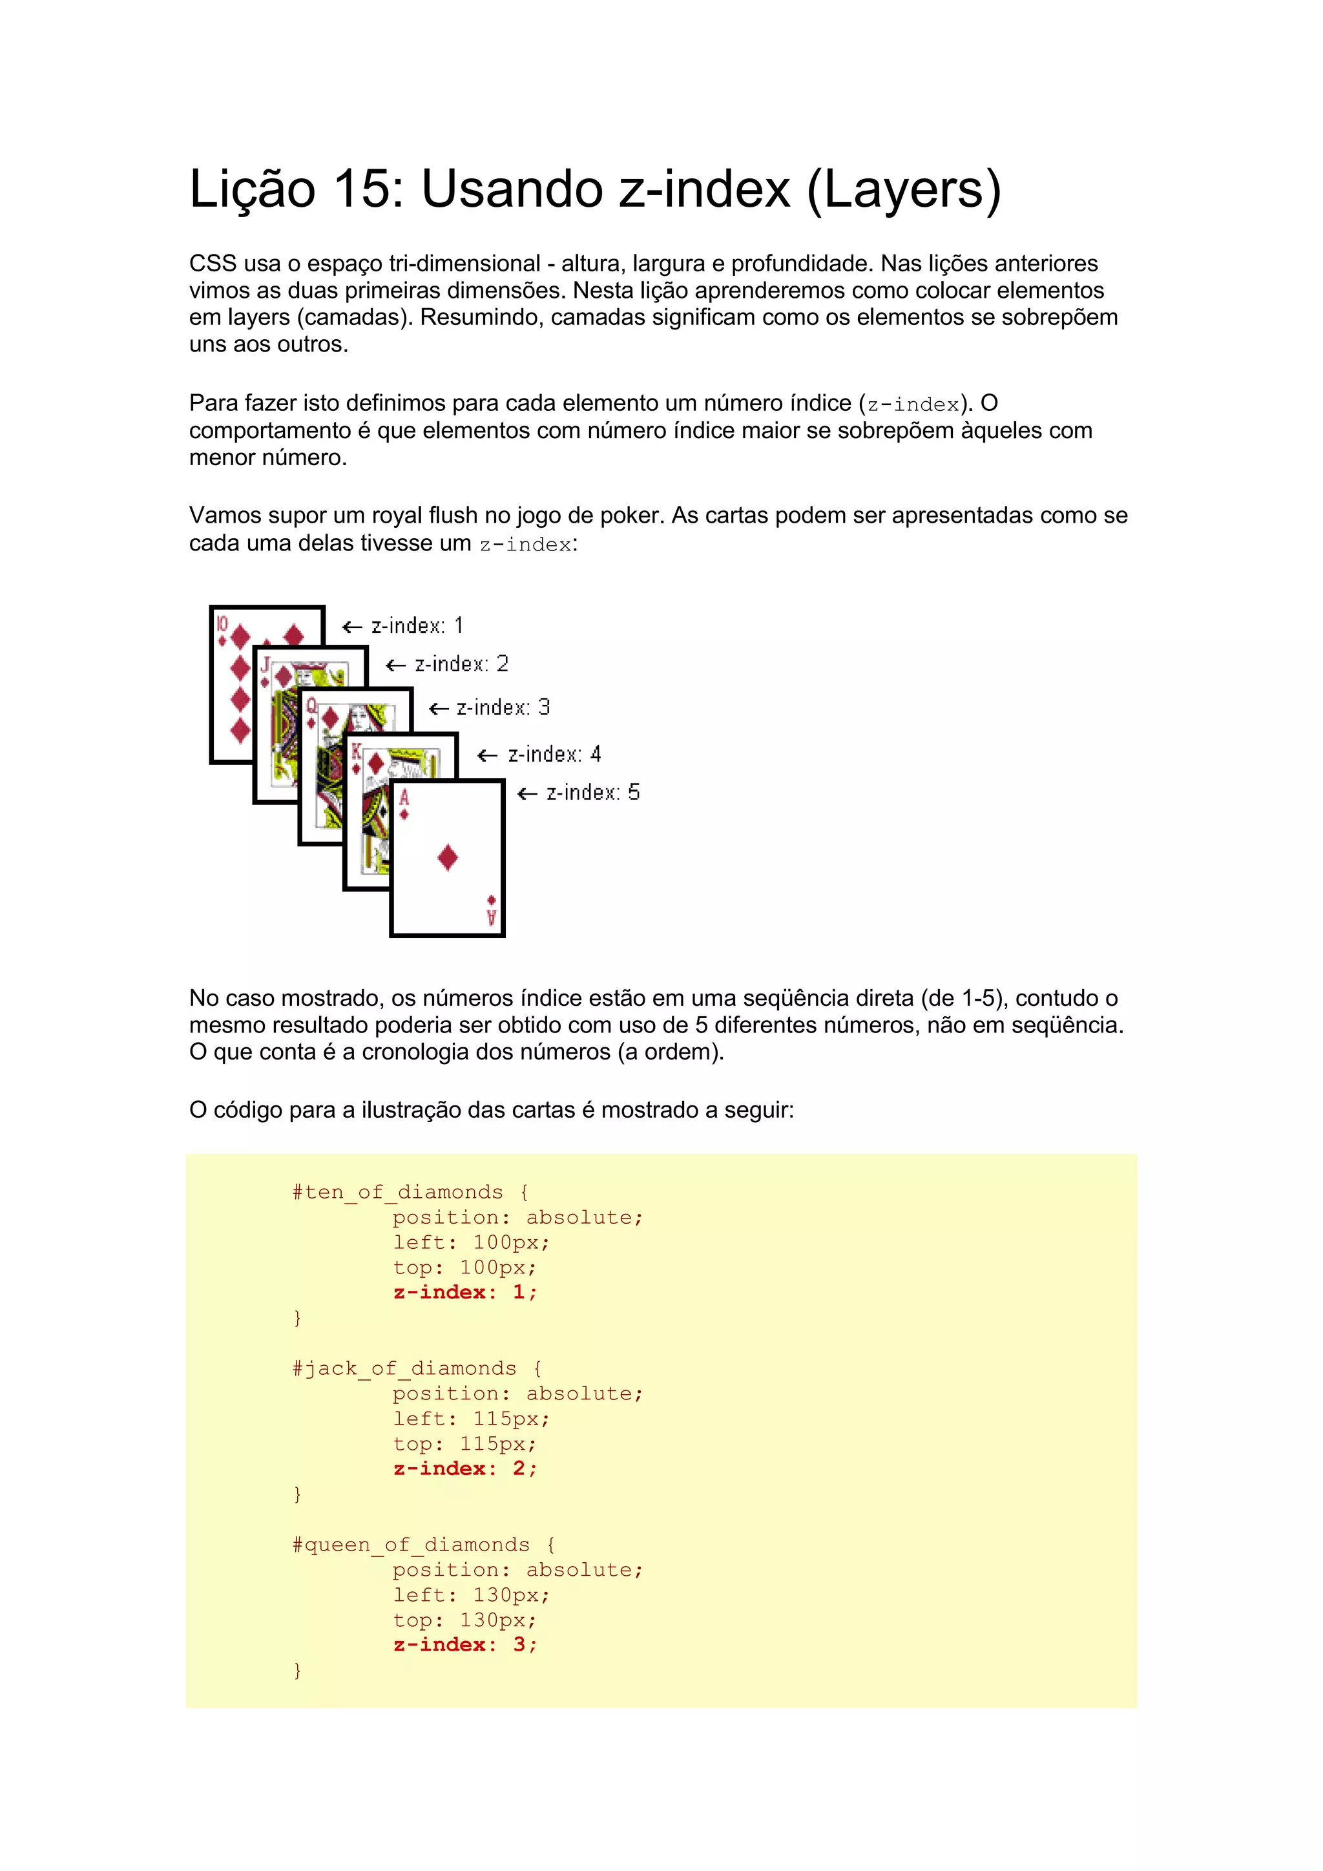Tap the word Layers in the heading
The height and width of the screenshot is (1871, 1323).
tap(904, 189)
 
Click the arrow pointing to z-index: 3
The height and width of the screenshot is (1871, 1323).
tap(439, 709)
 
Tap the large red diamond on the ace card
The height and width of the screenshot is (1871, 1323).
tap(447, 857)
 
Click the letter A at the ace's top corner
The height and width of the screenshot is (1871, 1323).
tap(404, 797)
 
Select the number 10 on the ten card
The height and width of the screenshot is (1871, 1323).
tap(222, 625)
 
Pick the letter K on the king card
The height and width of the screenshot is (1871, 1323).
tap(356, 751)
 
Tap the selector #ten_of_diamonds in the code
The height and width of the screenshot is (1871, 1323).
tap(397, 1192)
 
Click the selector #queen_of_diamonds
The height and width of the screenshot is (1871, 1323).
tap(411, 1544)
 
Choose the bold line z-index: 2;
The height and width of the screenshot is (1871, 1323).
tap(464, 1469)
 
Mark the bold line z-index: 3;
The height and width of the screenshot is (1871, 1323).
tap(464, 1644)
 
